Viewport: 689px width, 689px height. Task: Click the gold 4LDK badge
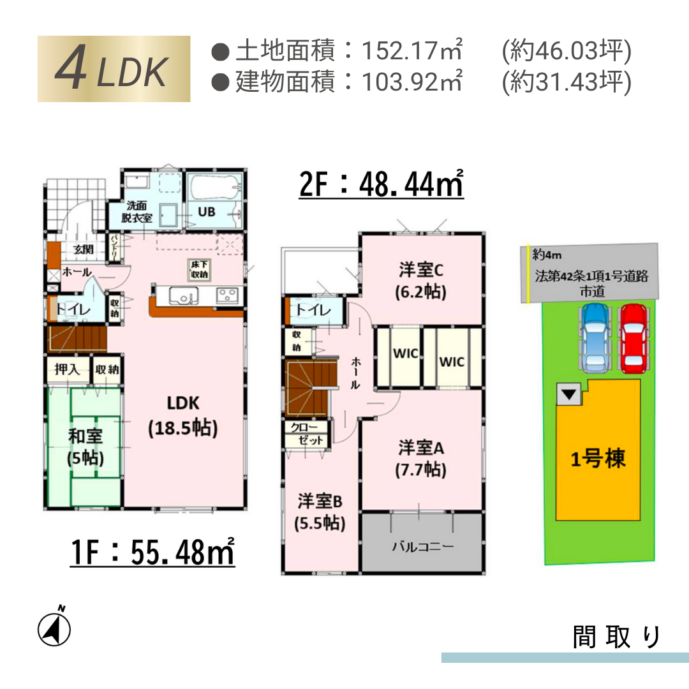pos(114,68)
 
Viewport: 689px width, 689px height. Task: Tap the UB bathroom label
pos(207,212)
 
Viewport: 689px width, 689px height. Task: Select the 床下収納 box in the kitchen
pos(199,269)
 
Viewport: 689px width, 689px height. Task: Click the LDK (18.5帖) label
pos(183,416)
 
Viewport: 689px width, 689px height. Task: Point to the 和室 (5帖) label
pos(85,447)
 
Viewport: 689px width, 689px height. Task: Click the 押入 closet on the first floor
pos(68,369)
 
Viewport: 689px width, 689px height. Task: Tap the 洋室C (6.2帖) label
pos(421,281)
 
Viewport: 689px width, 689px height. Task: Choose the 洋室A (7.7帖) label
pos(421,459)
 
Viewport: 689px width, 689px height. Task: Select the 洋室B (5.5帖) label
pos(320,512)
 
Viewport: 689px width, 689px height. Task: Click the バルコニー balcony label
pos(423,547)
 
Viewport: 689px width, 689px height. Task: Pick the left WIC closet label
pos(405,353)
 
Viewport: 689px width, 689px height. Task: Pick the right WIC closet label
pos(452,362)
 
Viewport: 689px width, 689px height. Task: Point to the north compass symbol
pos(54,628)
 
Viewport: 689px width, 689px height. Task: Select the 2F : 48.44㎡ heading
pos(381,184)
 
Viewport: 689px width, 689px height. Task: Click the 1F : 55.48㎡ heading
pos(152,551)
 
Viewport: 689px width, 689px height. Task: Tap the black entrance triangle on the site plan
pos(569,394)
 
